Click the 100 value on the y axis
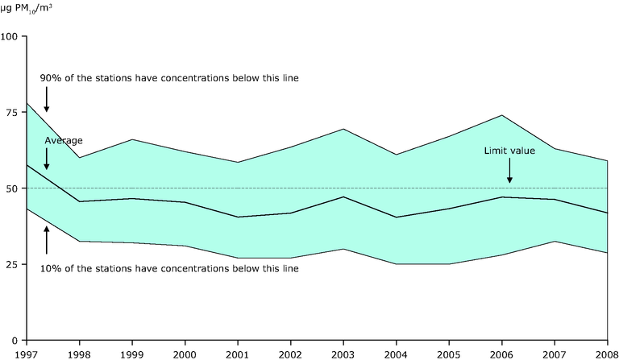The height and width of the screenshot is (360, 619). tap(11, 37)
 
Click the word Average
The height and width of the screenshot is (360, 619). tap(64, 140)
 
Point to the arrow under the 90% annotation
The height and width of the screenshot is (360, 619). tap(47, 100)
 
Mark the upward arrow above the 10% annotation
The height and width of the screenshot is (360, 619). tap(47, 239)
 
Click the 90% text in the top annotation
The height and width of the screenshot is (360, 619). tap(50, 78)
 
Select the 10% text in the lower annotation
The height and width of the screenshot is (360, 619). tap(50, 268)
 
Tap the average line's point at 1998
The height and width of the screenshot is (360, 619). tap(80, 201)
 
